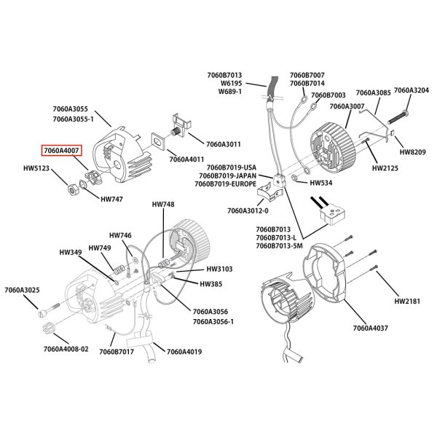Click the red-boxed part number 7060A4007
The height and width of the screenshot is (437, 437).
62,151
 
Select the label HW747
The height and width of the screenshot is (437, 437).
111,198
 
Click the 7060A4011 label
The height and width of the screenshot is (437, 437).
187,159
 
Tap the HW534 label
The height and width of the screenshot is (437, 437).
321,183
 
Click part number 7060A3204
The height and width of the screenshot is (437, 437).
412,90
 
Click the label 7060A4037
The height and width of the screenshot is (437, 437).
371,328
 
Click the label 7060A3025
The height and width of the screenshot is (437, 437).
21,291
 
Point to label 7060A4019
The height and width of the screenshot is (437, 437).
184,352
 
